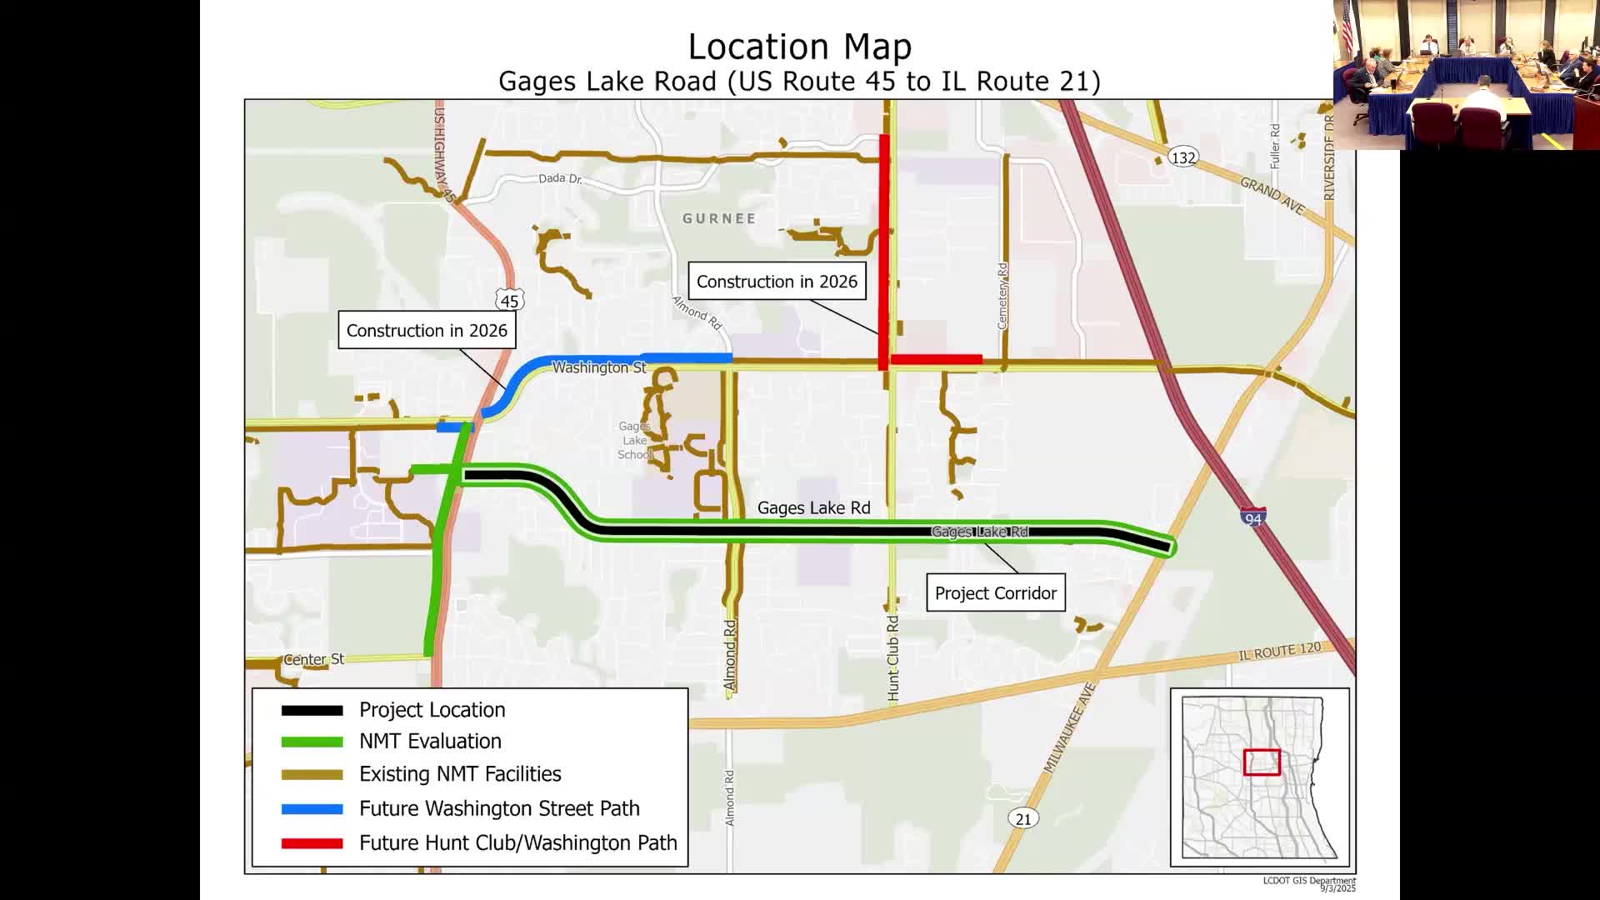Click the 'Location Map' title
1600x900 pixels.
799,47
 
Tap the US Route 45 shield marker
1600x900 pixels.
509,301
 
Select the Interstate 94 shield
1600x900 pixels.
1252,517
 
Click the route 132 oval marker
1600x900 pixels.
1182,157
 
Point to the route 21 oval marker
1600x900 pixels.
1022,818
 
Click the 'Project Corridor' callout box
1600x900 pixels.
996,592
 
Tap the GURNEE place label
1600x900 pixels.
719,218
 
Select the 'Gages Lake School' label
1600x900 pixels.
635,440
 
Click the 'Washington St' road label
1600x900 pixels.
598,367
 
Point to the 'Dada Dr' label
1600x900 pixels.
559,178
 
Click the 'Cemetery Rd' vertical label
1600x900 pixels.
1002,296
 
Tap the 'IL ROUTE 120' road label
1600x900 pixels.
1279,652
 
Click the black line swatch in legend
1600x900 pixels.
312,710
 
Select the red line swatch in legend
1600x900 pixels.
312,843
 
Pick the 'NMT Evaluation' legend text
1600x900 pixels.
430,741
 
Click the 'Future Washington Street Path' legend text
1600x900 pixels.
499,808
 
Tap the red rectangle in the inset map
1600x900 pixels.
1262,762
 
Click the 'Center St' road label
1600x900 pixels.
313,659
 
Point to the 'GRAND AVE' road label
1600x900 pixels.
1272,195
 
